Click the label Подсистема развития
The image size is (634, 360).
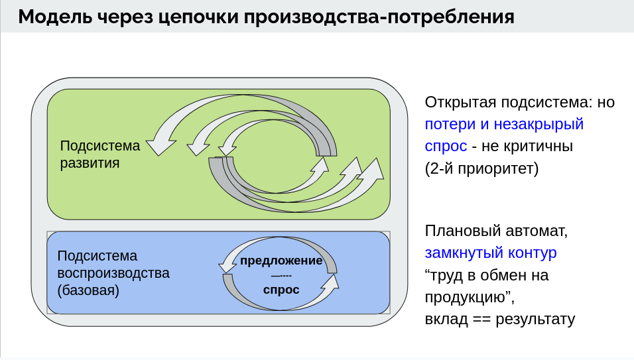(x=100, y=154)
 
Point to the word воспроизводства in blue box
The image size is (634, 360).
(x=113, y=272)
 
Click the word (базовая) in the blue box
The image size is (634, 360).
(x=88, y=290)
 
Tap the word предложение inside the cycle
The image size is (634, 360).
(x=281, y=261)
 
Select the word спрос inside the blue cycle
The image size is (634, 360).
(x=281, y=290)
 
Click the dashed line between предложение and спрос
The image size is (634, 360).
(x=281, y=275)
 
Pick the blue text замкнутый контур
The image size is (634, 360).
(x=491, y=253)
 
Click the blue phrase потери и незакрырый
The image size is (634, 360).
(x=504, y=124)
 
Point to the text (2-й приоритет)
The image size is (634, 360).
(x=482, y=168)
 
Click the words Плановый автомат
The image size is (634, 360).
(x=496, y=231)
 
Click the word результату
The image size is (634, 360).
(x=537, y=319)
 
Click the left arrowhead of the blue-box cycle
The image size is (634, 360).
(x=227, y=265)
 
